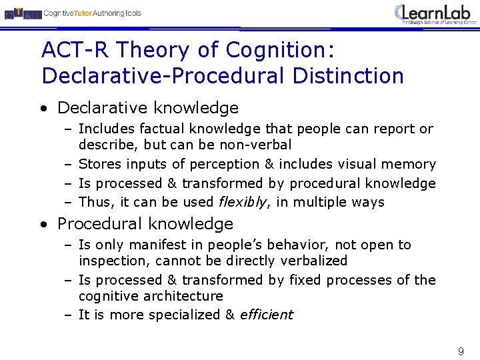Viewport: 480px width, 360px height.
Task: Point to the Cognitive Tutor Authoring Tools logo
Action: pyautogui.click(x=73, y=13)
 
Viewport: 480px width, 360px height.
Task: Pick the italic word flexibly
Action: pyautogui.click(x=241, y=202)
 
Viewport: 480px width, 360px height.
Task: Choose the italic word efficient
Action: pyautogui.click(x=266, y=315)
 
